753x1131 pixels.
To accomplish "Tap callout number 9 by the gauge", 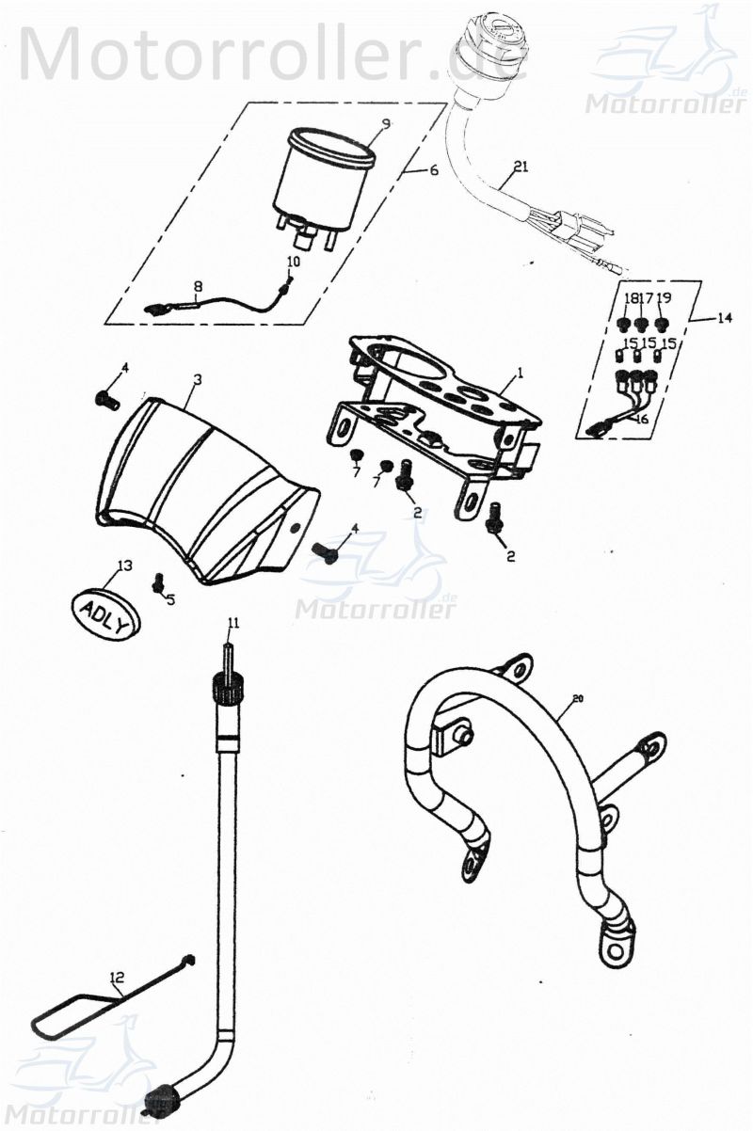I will [386, 123].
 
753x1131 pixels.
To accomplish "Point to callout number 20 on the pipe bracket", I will [578, 699].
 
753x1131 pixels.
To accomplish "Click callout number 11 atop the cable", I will [233, 623].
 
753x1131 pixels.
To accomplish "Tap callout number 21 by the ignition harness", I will [521, 168].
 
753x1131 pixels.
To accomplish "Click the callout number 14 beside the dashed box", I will [723, 319].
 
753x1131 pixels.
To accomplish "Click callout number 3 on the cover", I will [198, 379].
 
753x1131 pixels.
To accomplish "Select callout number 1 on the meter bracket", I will [521, 373].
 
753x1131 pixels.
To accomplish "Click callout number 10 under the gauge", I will [294, 261].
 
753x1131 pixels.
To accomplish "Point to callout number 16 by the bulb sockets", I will [641, 420].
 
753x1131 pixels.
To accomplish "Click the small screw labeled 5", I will [158, 584].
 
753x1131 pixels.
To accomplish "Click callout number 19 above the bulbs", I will [664, 298].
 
